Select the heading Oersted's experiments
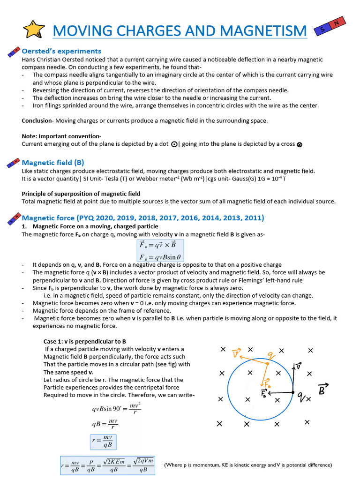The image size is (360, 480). pyautogui.click(x=61, y=51)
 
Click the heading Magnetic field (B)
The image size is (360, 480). pyautogui.click(x=53, y=163)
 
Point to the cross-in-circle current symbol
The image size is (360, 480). pyautogui.click(x=300, y=144)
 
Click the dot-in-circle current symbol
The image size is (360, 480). pyautogui.click(x=174, y=144)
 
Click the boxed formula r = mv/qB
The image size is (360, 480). pyautogui.click(x=103, y=442)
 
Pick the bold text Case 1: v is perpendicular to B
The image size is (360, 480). pyautogui.click(x=85, y=341)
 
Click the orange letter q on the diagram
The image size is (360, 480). pyautogui.click(x=271, y=355)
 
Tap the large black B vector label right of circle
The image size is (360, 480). pyautogui.click(x=323, y=389)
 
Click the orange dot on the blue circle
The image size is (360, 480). pyautogui.click(x=267, y=363)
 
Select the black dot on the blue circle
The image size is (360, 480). pyautogui.click(x=293, y=392)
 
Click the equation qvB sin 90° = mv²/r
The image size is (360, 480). pyautogui.click(x=116, y=408)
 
